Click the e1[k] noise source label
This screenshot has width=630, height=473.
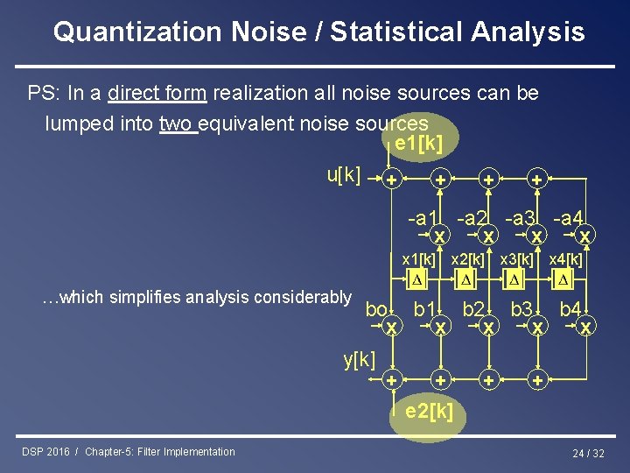[418, 143]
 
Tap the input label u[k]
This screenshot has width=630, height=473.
[344, 174]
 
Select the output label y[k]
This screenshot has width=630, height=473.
[359, 358]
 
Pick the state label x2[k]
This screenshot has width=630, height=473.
[466, 259]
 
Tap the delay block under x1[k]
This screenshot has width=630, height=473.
[417, 279]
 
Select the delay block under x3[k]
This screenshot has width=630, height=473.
[515, 279]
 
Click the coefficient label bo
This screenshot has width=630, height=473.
[377, 309]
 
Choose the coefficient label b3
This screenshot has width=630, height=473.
[522, 308]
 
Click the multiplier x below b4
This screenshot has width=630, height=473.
[586, 326]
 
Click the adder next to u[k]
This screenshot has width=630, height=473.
[392, 179]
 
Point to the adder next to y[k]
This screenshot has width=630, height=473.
[392, 380]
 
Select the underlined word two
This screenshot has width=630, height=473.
[178, 124]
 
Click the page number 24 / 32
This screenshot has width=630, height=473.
[588, 453]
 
